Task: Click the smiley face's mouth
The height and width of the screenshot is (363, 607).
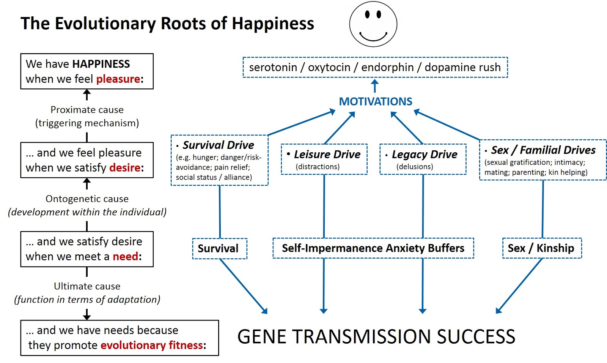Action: [373, 38]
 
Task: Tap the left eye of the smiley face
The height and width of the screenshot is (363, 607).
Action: [368, 14]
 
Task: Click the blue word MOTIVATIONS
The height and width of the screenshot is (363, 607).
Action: [376, 101]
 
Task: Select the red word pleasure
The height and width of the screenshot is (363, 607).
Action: [118, 79]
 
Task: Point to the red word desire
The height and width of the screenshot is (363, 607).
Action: [125, 168]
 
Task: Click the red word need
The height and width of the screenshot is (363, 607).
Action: [126, 256]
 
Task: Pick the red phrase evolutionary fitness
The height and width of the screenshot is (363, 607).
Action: [152, 345]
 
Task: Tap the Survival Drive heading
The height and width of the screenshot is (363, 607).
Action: [218, 145]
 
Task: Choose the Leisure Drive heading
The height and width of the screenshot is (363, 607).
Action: [327, 155]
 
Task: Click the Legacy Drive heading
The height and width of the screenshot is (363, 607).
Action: [425, 155]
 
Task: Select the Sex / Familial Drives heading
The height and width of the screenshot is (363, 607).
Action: [543, 150]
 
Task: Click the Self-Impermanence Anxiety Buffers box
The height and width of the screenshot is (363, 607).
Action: [373, 248]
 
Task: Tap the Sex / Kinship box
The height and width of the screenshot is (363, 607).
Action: [542, 248]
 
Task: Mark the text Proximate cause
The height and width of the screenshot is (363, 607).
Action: [87, 110]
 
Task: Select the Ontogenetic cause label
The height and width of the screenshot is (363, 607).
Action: [87, 199]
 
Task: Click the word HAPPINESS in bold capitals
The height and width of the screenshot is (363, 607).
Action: [101, 64]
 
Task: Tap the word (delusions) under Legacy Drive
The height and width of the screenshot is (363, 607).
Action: [415, 167]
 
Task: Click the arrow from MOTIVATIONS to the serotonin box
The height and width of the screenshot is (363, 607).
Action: [375, 86]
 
